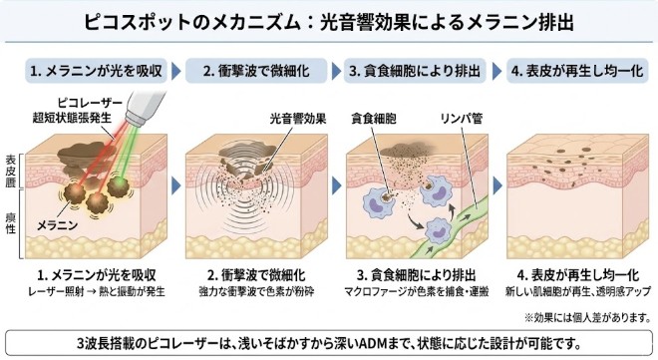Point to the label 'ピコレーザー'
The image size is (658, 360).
click(89, 103)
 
